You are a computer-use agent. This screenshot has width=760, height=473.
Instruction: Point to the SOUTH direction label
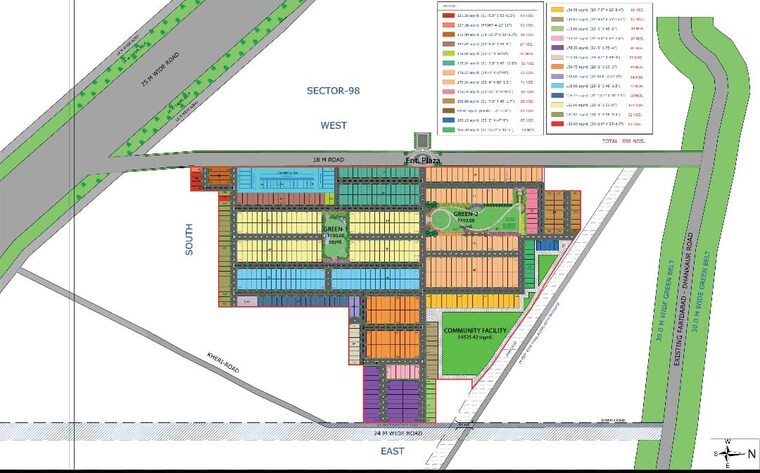(188, 241)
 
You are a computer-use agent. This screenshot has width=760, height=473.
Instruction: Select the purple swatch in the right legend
(559, 47)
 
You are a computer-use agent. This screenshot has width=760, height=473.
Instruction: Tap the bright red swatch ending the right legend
(559, 126)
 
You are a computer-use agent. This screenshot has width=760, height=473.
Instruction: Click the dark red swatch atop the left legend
(448, 16)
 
